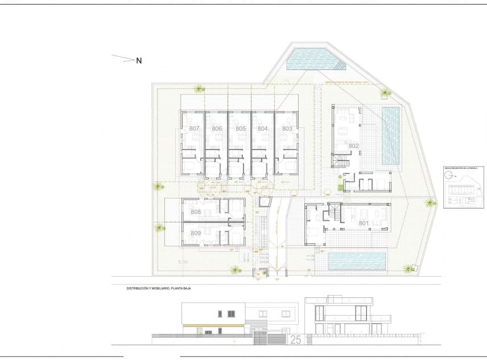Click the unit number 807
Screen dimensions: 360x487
pos(195,129)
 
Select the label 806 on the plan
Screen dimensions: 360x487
pos(217,129)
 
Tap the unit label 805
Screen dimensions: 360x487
pos(240,129)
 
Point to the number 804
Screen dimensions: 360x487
pos(263,129)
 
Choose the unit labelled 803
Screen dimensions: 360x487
pos(287,129)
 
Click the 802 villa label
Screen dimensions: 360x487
pos(353,146)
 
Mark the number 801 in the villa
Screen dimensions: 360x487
pos(364,223)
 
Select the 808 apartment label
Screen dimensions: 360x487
pos(196,212)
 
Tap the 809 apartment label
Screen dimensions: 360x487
pos(196,233)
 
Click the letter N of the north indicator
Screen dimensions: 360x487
pos(139,60)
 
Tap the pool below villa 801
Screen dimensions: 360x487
pos(357,261)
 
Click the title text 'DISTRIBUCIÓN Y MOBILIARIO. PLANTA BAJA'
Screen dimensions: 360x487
pos(159,289)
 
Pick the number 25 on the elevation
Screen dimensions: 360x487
pos(295,340)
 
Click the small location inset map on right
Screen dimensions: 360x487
pos(463,188)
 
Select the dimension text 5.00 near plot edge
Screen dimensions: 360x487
pos(183,262)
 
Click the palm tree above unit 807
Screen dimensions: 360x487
pos(199,88)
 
